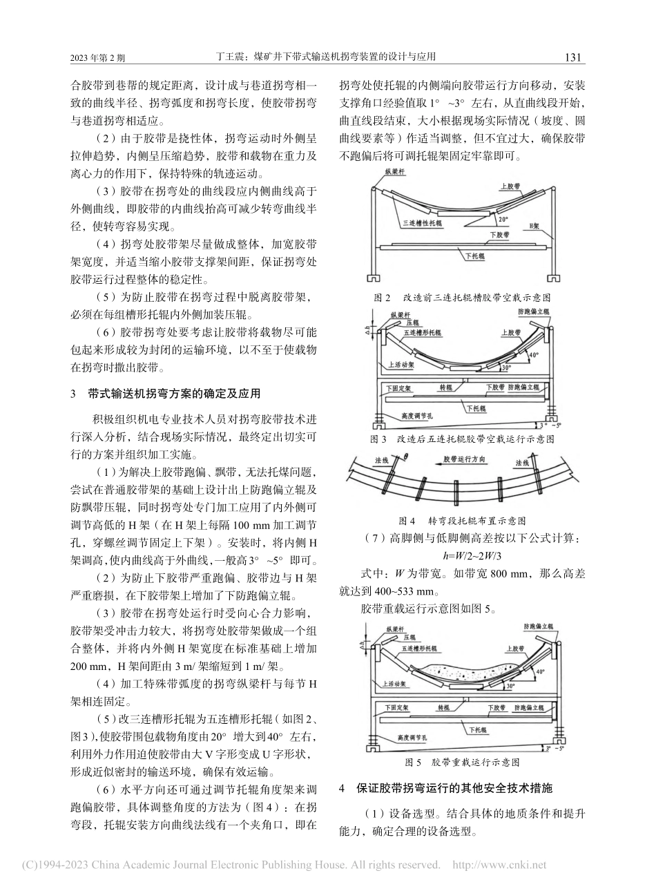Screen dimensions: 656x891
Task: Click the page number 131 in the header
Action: pos(575,58)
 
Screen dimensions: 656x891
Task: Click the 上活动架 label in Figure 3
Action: pos(402,366)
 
